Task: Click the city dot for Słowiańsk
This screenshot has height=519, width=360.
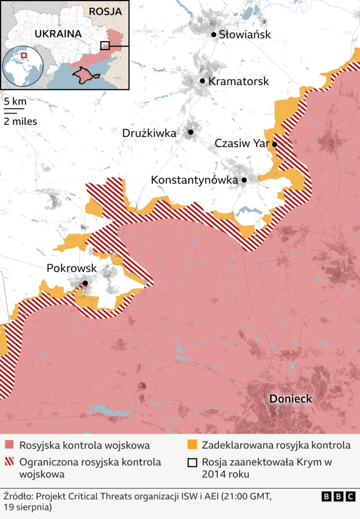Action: (214, 34)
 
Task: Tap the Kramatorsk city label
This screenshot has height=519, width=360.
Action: (238, 81)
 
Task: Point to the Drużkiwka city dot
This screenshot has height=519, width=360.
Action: (191, 132)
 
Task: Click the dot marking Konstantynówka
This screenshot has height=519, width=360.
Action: (244, 180)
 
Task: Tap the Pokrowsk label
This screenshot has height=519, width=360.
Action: (71, 269)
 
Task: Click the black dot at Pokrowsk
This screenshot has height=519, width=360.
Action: (85, 283)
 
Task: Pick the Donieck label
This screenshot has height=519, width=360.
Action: (290, 399)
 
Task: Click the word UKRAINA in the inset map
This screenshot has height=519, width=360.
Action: (58, 33)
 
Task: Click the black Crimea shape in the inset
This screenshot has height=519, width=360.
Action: (83, 74)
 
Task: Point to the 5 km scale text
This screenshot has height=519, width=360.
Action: (15, 102)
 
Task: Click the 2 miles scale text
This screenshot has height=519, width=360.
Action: (20, 120)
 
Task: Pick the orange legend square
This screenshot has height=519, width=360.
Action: (192, 446)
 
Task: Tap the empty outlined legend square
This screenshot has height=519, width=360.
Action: (192, 462)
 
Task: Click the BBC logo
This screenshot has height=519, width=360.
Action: (338, 496)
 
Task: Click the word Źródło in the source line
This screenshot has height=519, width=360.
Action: (18, 496)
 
